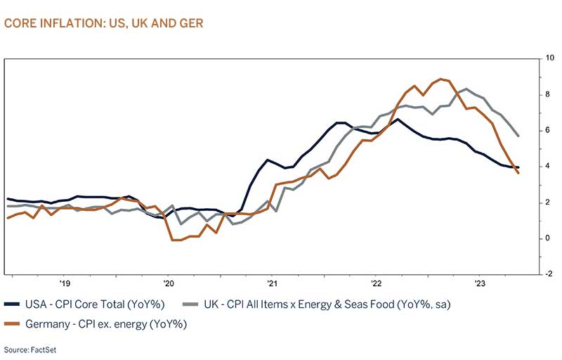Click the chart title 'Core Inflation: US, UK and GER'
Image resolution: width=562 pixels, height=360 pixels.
pos(103,23)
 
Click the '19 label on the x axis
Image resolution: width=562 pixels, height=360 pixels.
pos(64,284)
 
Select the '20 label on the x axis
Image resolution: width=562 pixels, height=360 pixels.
pos(168,284)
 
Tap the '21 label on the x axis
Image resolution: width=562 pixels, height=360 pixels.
pos(271,284)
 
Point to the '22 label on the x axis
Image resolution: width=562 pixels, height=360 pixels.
pos(375,284)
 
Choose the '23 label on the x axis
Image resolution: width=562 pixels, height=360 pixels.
pos(479,284)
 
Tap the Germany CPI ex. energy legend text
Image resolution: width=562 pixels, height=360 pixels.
pos(98,323)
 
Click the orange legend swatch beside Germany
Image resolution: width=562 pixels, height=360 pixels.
pos(12,323)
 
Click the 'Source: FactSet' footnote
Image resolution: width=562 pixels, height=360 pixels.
pos(27,349)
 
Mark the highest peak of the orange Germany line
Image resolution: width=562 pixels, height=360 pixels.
pos(440,79)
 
